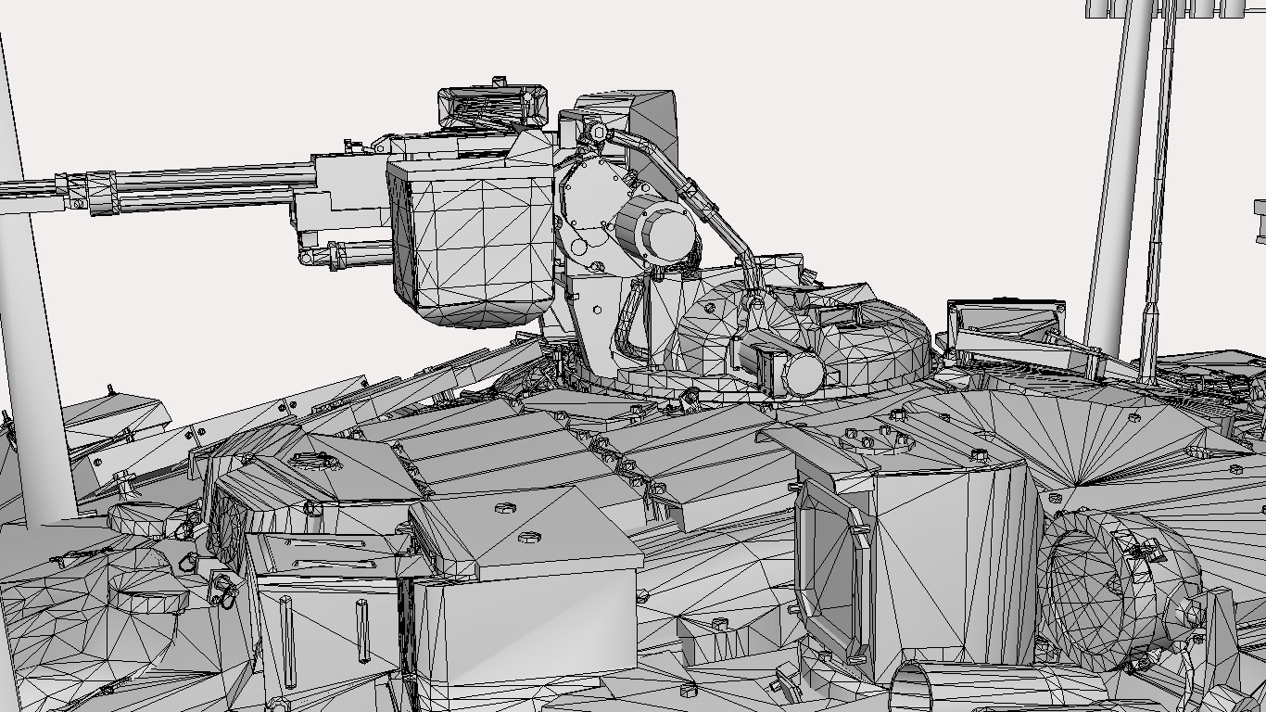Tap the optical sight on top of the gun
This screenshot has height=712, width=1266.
[x=492, y=106]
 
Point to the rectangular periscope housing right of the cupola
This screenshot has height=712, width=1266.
[x=1005, y=320]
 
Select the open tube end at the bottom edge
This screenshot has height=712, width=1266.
[x=918, y=691]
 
